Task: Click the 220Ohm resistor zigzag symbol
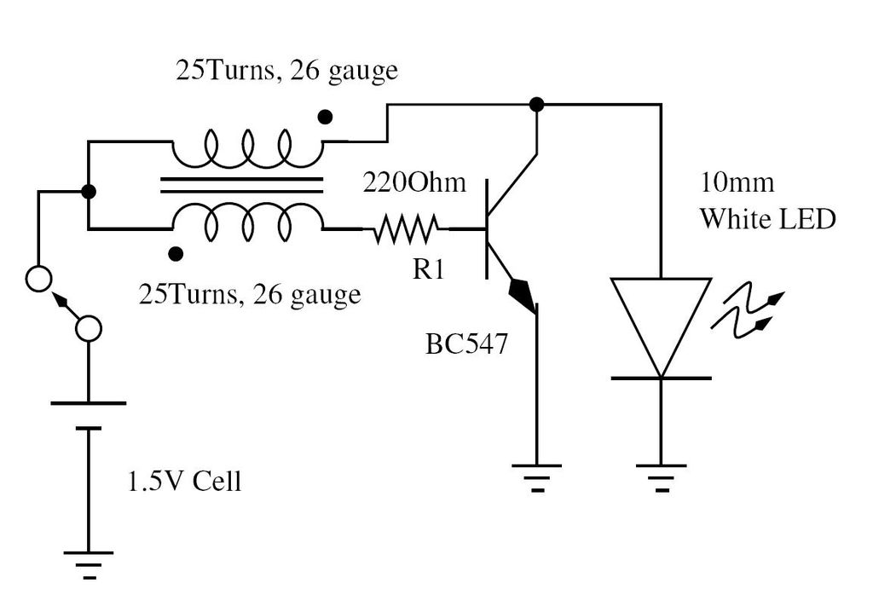(406, 229)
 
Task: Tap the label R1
(428, 269)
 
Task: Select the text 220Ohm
(414, 182)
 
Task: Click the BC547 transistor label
(466, 344)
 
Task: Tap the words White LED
(768, 219)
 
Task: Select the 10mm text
(736, 182)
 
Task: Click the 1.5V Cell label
(185, 481)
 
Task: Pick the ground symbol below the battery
(88, 565)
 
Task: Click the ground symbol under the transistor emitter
(537, 478)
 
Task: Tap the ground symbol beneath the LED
(661, 478)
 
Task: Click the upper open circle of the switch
(39, 279)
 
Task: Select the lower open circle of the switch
(88, 328)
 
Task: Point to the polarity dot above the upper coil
(325, 117)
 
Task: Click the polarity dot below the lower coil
(176, 254)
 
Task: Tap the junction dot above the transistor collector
(536, 104)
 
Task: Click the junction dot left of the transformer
(88, 192)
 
